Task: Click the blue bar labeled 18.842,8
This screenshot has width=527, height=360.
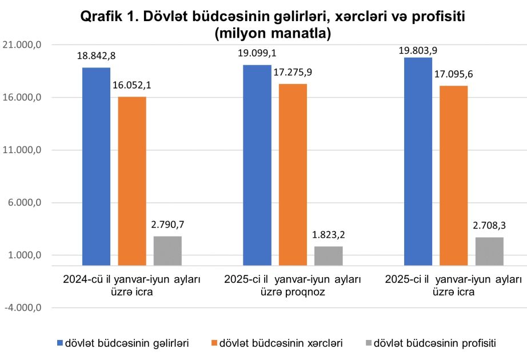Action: point(96,166)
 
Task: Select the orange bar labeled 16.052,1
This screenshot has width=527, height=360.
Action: point(132,181)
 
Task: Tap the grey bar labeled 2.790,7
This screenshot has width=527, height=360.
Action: point(167,250)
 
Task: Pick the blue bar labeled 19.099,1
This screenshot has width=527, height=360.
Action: point(257,165)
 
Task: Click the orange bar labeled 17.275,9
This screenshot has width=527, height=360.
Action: point(293,174)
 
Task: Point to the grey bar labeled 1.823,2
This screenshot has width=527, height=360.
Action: point(328,255)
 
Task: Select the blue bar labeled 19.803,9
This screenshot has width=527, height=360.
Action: point(418,161)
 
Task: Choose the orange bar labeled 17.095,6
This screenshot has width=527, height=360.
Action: point(454,175)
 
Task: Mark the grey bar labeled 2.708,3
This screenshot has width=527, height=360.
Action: point(489,251)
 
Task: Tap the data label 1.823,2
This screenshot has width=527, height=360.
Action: point(329,234)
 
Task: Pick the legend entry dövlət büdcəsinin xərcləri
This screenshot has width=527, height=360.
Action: point(281,343)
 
